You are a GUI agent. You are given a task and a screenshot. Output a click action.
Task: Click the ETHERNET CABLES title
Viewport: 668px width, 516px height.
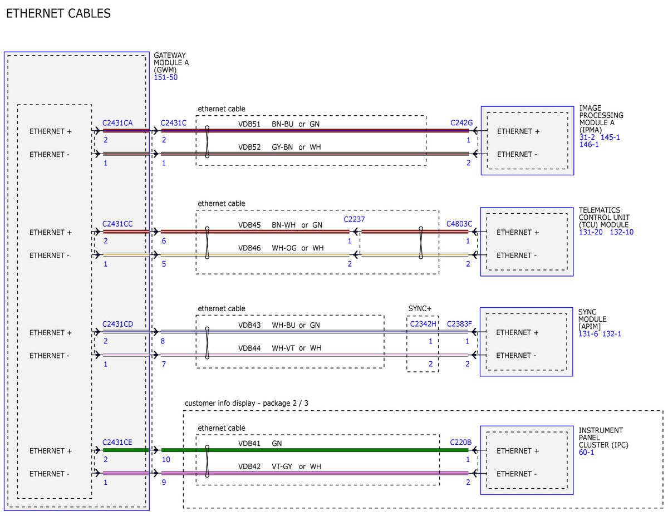(x=58, y=13)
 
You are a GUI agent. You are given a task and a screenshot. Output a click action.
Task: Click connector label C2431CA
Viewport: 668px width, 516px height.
(x=117, y=123)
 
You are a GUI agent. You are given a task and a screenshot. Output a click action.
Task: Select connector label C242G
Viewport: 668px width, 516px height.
(x=461, y=123)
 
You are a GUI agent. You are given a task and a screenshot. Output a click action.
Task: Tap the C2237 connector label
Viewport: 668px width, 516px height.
(x=354, y=219)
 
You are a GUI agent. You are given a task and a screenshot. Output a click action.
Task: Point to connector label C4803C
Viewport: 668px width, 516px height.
(x=459, y=224)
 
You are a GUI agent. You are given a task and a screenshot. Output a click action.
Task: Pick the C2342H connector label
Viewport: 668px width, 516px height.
(x=423, y=324)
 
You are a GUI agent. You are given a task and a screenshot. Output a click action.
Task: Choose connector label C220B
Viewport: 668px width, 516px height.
(x=460, y=442)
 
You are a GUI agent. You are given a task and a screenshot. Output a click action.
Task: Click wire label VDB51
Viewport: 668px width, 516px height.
(x=249, y=124)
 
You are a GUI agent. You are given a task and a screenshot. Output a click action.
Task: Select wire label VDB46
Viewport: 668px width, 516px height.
(x=249, y=248)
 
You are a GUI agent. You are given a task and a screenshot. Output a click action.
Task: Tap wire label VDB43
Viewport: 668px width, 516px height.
(x=249, y=325)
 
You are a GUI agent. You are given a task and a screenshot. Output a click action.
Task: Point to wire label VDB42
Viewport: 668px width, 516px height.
(x=249, y=466)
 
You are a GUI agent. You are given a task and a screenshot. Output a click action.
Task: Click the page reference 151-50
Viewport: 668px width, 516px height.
(x=166, y=77)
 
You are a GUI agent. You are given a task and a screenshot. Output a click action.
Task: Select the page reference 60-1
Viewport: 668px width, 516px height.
(x=586, y=453)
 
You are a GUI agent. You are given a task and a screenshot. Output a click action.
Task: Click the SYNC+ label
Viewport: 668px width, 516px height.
(x=420, y=308)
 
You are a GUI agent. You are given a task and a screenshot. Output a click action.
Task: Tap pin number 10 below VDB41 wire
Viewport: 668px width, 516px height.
(x=166, y=459)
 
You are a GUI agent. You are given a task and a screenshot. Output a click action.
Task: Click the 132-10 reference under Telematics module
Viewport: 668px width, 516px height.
(x=622, y=232)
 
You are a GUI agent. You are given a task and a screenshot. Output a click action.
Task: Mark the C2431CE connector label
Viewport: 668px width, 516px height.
(x=117, y=443)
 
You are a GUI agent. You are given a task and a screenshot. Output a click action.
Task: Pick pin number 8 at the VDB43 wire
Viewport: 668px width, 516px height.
(x=163, y=341)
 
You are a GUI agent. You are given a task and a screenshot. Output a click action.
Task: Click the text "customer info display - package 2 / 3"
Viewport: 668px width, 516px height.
(x=247, y=403)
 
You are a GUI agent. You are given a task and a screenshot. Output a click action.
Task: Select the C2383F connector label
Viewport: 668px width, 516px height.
(x=459, y=324)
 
